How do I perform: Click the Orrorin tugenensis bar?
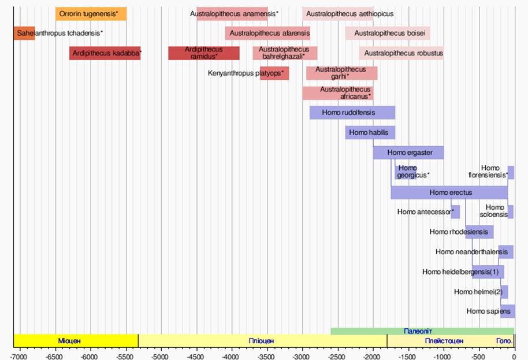(91, 14)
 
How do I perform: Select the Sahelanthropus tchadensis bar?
(24, 34)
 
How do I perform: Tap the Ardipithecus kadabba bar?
(105, 53)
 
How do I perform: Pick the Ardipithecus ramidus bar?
(203, 53)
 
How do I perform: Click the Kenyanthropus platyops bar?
(274, 73)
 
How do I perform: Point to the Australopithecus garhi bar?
(341, 73)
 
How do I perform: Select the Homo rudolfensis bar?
(352, 113)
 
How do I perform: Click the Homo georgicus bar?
(406, 172)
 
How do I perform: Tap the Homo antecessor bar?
(455, 211)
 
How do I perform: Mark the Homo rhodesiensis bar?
(479, 232)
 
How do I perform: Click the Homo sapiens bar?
(507, 311)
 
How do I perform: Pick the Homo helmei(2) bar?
(504, 292)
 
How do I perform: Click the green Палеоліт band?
(422, 331)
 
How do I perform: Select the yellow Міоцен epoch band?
(75, 340)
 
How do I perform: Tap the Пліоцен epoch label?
(261, 341)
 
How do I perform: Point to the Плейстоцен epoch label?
(444, 341)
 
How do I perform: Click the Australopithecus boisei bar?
(388, 34)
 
